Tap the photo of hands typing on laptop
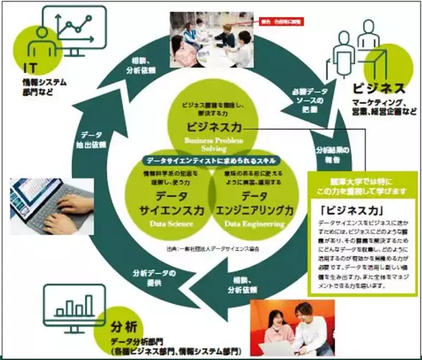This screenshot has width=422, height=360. (53, 205)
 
